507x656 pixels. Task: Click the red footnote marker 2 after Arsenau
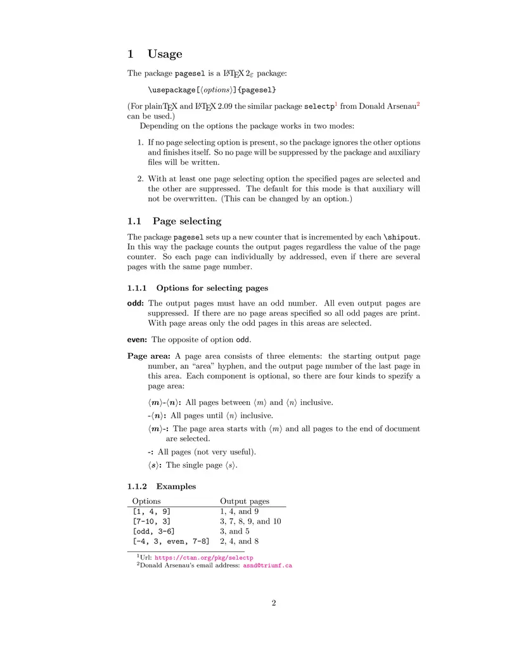click(x=418, y=103)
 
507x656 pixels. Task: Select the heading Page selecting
click(x=187, y=221)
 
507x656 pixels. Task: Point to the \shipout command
click(x=401, y=237)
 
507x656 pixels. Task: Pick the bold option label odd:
click(x=136, y=304)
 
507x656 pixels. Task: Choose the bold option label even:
click(x=138, y=340)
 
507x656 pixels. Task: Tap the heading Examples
click(x=176, y=487)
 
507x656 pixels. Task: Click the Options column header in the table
click(x=146, y=501)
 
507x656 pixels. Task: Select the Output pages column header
click(x=245, y=501)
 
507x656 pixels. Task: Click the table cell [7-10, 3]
click(x=151, y=522)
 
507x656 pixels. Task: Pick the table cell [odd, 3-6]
click(x=153, y=532)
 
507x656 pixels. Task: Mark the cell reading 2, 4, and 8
click(x=239, y=542)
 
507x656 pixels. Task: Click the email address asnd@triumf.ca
click(x=267, y=565)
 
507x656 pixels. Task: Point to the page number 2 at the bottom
click(x=274, y=603)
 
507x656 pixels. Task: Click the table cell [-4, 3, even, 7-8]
click(x=170, y=542)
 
